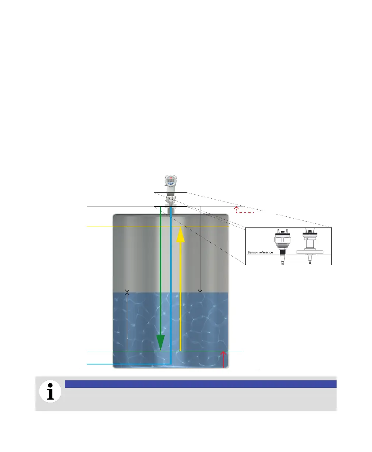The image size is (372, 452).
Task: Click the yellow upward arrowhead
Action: pyautogui.click(x=180, y=235)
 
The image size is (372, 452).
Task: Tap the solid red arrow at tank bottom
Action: pyautogui.click(x=223, y=360)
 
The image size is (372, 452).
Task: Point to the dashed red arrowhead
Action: pyautogui.click(x=237, y=209)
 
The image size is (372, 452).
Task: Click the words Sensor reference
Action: pyautogui.click(x=260, y=253)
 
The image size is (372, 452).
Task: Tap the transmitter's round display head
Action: pyautogui.click(x=170, y=181)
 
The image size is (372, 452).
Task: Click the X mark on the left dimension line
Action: pyautogui.click(x=127, y=292)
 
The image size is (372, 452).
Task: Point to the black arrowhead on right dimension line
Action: pyautogui.click(x=200, y=291)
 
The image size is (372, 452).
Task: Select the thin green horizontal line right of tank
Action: pyautogui.click(x=236, y=351)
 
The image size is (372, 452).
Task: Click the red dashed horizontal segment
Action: pyautogui.click(x=246, y=213)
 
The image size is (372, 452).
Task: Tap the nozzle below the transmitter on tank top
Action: pyautogui.click(x=170, y=210)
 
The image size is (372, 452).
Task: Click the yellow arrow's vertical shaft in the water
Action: pyautogui.click(x=180, y=321)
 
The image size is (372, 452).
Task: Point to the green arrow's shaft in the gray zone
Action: pyautogui.click(x=161, y=258)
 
